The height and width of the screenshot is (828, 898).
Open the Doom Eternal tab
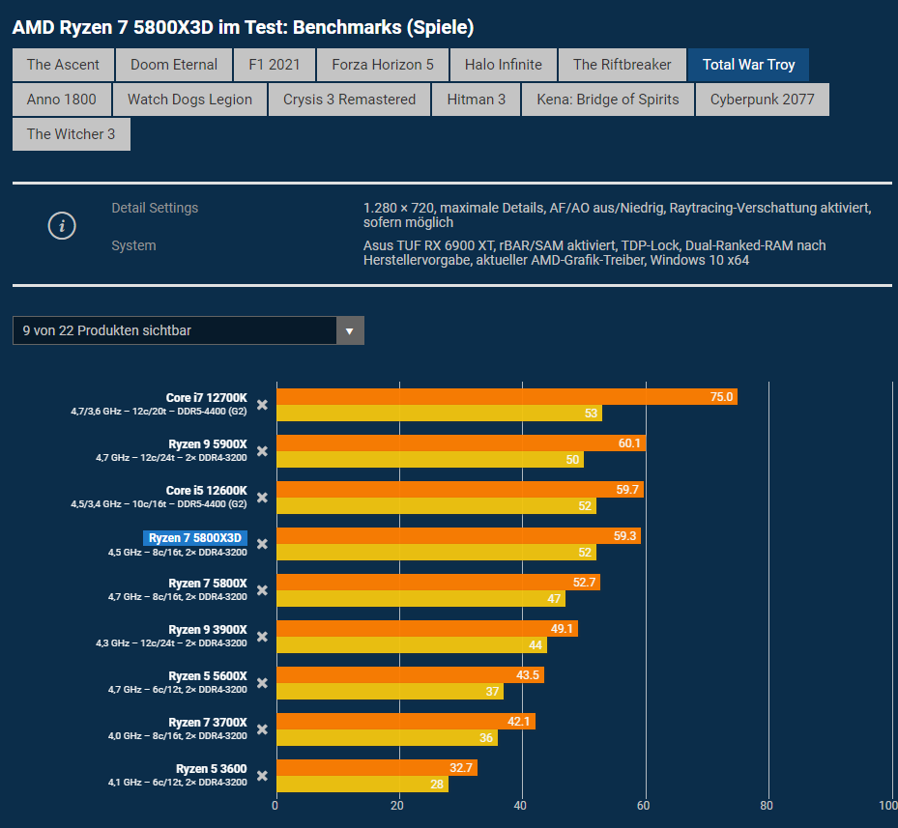pyautogui.click(x=174, y=65)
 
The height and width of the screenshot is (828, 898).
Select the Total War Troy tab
pyautogui.click(x=748, y=65)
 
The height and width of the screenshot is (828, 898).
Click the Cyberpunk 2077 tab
pyautogui.click(x=762, y=100)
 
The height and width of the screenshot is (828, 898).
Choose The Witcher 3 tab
pyautogui.click(x=71, y=134)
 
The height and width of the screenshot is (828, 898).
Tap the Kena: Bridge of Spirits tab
pyautogui.click(x=607, y=100)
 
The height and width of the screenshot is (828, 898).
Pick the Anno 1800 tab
pyautogui.click(x=62, y=100)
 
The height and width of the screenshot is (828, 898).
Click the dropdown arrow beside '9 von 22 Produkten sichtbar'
pyautogui.click(x=350, y=330)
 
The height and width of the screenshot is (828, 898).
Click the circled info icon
pyautogui.click(x=62, y=226)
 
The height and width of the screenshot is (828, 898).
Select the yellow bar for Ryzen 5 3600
pyautogui.click(x=362, y=784)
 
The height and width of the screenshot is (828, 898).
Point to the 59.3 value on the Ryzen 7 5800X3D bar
pyautogui.click(x=625, y=536)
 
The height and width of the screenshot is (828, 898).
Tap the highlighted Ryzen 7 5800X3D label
pyautogui.click(x=196, y=538)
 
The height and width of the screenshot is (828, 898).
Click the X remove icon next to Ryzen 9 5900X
pyautogui.click(x=262, y=451)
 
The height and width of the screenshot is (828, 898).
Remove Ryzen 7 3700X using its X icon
pyautogui.click(x=262, y=729)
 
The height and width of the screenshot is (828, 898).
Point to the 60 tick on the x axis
pyautogui.click(x=644, y=805)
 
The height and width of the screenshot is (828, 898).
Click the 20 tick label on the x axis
pyautogui.click(x=398, y=805)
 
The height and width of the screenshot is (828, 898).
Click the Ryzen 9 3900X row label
pyautogui.click(x=208, y=630)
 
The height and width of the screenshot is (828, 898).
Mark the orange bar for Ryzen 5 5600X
pyautogui.click(x=409, y=675)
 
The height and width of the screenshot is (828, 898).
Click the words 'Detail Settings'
pyautogui.click(x=155, y=208)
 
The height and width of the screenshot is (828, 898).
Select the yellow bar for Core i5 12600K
pyautogui.click(x=435, y=505)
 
